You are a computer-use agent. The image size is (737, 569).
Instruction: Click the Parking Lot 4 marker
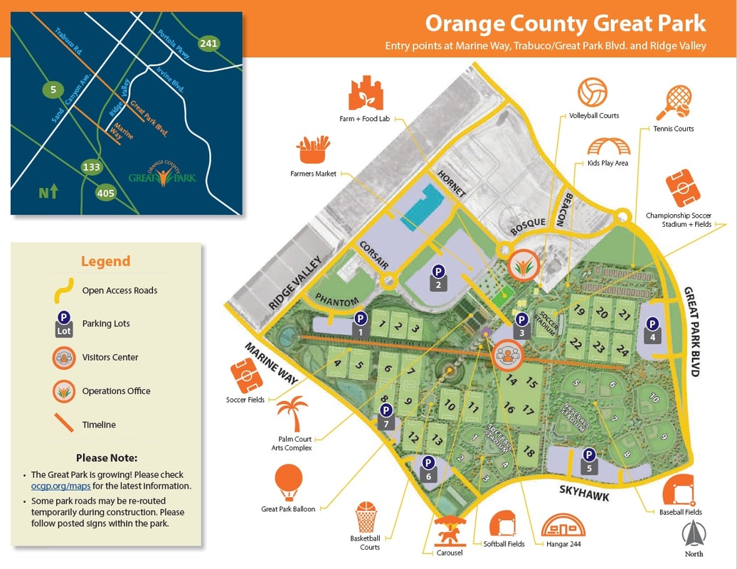point(652,329)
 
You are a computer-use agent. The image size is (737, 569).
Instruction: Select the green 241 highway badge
point(208,43)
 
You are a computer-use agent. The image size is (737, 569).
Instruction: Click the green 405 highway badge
point(107,192)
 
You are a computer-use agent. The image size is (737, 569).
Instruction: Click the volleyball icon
point(593,92)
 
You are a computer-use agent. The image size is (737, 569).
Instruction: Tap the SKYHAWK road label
point(583,492)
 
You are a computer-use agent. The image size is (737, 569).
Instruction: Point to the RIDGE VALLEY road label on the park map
point(296,282)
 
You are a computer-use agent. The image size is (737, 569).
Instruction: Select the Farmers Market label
point(313,174)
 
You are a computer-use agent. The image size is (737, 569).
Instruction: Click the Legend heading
point(105,261)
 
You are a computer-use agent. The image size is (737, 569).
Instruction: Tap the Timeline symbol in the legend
point(63,425)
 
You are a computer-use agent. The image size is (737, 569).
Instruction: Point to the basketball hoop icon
point(366,517)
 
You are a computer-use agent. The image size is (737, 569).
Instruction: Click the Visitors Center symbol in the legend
point(63,357)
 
